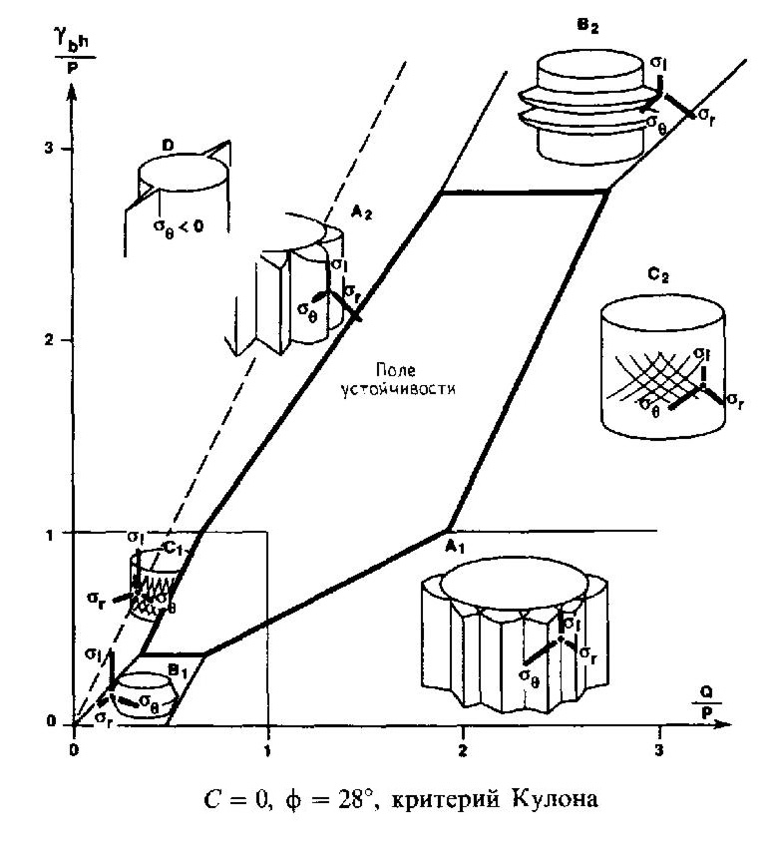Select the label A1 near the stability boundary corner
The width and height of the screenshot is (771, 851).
[455, 545]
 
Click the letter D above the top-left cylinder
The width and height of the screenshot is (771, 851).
[169, 147]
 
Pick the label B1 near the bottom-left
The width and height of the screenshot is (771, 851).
[178, 668]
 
